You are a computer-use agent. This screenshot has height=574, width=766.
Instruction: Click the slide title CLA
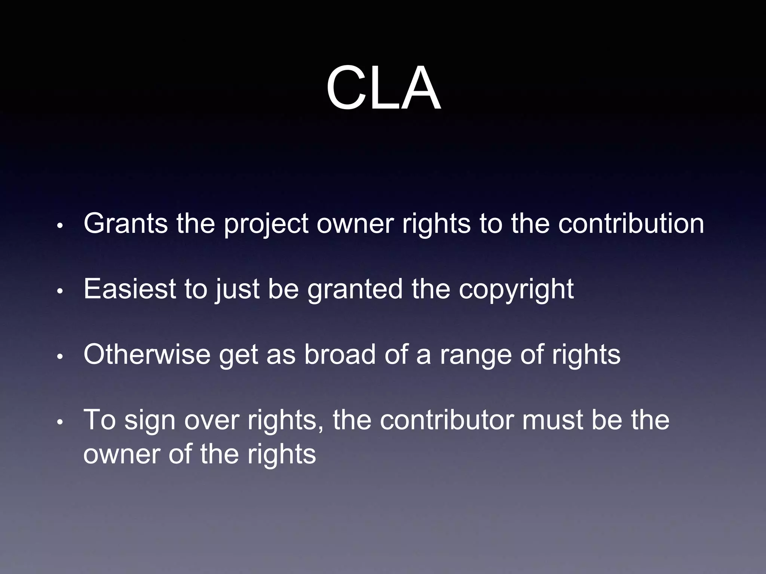pyautogui.click(x=383, y=89)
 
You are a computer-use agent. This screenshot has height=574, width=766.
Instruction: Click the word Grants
pyautogui.click(x=126, y=223)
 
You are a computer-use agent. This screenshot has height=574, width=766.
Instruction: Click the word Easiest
pyautogui.click(x=129, y=289)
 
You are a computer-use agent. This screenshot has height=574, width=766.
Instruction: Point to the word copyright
pyautogui.click(x=516, y=290)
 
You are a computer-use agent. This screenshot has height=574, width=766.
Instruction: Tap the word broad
pyautogui.click(x=340, y=354)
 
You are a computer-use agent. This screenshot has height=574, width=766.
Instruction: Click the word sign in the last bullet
pyautogui.click(x=150, y=421)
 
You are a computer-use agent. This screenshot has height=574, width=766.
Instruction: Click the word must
pyautogui.click(x=552, y=420)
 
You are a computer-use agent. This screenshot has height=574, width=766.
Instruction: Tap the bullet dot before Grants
pyautogui.click(x=60, y=226)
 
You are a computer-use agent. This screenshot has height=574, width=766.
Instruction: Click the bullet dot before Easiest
pyautogui.click(x=60, y=292)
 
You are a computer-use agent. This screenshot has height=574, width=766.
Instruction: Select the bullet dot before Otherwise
pyautogui.click(x=60, y=357)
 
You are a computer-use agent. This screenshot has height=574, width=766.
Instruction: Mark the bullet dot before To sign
pyautogui.click(x=60, y=423)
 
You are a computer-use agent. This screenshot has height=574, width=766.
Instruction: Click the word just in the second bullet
pyautogui.click(x=237, y=289)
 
